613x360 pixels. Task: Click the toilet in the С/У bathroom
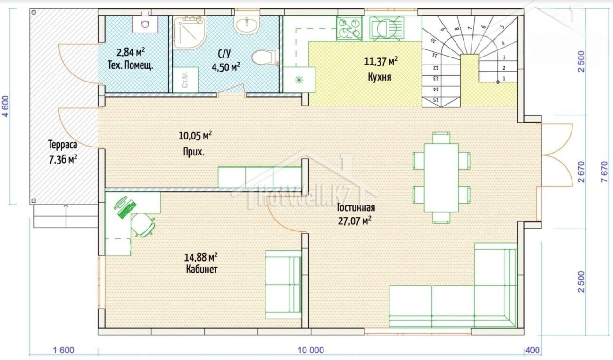pos(265,57)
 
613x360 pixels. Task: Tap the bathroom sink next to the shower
pos(247,25)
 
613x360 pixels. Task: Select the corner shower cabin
pos(190,33)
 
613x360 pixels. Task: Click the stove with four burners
pos(349,28)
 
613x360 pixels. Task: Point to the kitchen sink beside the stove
pos(386,28)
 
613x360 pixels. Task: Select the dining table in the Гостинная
pos(441,178)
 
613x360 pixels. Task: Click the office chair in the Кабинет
pos(143,225)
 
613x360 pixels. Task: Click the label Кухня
pos(379,77)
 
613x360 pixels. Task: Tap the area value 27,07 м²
pos(355,221)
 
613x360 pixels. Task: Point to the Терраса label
pos(63,145)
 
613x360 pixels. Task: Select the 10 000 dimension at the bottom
pos(311,350)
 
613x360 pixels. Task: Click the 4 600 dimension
pos(6,106)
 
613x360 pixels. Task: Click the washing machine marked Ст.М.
pos(185,80)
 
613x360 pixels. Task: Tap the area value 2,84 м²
pos(131,52)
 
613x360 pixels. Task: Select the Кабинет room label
pos(202,270)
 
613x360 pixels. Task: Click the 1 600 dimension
pos(64,350)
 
